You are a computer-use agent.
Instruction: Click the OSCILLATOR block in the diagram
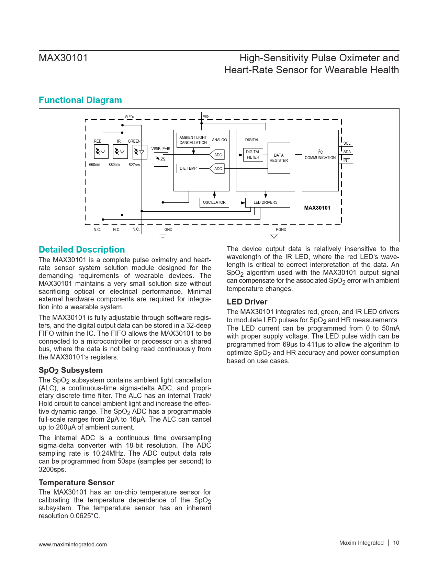214,202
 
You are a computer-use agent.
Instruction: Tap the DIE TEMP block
188,168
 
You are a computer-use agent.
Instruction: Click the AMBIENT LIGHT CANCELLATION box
193,140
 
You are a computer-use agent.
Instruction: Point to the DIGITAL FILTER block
253,155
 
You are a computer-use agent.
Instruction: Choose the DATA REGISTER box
279,158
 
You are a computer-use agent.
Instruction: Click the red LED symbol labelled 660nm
101,152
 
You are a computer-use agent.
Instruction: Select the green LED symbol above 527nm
140,152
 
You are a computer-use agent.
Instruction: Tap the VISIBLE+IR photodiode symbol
161,159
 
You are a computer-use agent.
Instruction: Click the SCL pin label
347,143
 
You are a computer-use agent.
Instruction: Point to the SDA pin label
347,152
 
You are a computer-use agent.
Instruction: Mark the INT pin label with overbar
346,160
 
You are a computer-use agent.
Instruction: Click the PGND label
281,230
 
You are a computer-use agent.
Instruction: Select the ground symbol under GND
163,236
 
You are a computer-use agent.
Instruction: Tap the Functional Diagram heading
80,100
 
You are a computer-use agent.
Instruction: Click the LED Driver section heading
247,302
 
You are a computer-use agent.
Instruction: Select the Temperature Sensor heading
77,482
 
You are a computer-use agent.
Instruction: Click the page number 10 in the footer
396,543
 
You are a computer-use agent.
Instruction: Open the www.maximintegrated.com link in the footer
73,544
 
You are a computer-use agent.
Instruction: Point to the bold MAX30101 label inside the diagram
317,208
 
